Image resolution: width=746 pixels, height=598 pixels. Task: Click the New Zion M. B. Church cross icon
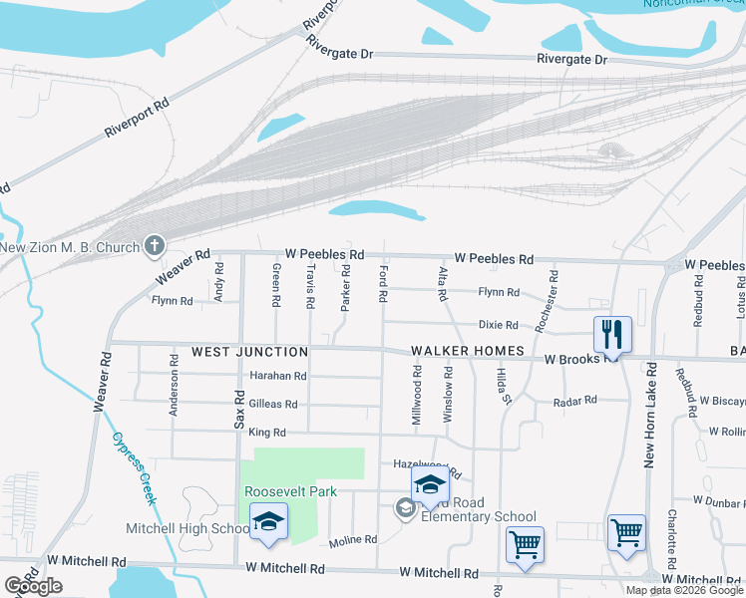click(x=155, y=244)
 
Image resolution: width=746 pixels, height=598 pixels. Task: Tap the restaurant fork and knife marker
click(x=612, y=334)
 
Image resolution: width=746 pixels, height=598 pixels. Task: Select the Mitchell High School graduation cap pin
click(x=268, y=522)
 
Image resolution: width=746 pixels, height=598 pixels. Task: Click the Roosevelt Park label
click(x=291, y=491)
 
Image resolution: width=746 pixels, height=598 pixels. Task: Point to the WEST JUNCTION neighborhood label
click(x=249, y=352)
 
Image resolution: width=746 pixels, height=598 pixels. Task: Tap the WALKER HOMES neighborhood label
click(x=468, y=351)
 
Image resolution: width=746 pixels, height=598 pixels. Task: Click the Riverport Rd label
click(x=137, y=118)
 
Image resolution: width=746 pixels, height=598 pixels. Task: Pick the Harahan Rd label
click(x=278, y=376)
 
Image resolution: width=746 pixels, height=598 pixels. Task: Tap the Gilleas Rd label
click(x=273, y=404)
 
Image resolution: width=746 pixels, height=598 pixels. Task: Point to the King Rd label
click(x=267, y=433)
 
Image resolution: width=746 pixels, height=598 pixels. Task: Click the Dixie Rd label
click(x=499, y=325)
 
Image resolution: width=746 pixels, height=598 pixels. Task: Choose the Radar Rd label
click(x=575, y=400)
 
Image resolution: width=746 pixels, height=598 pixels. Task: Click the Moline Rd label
click(x=353, y=539)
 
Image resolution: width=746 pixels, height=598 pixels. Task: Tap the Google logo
click(x=33, y=586)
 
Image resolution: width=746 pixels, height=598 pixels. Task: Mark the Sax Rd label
click(x=239, y=411)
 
